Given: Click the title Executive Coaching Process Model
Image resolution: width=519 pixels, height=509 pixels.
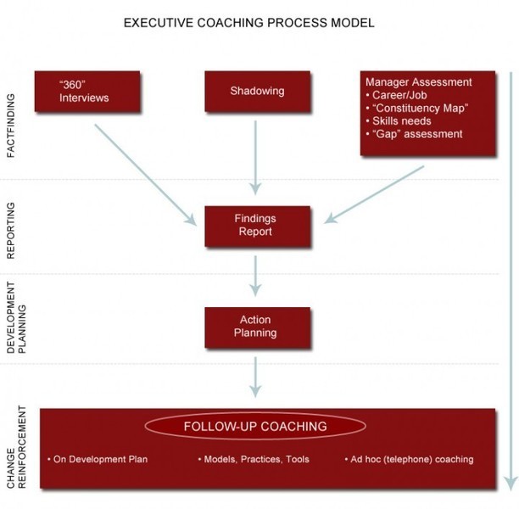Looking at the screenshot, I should click(248, 22).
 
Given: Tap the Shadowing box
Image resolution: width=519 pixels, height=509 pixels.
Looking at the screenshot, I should click(256, 92).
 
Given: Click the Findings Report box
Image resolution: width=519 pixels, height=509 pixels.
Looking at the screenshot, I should click(255, 225).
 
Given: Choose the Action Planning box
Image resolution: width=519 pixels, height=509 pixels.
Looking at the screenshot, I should click(255, 326).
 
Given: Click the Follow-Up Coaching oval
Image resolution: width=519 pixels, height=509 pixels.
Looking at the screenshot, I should click(255, 426).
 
